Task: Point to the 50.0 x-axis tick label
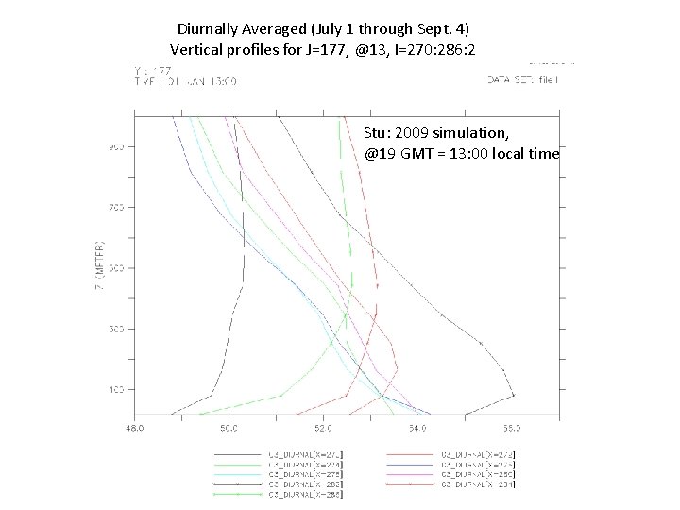pyautogui.click(x=228, y=428)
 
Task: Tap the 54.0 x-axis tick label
pyautogui.click(x=417, y=428)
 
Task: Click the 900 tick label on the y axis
pyautogui.click(x=114, y=146)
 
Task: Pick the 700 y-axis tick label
pyautogui.click(x=114, y=207)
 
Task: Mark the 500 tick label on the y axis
pyautogui.click(x=114, y=268)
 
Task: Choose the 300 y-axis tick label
pyautogui.click(x=114, y=329)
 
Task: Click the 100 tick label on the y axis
pyautogui.click(x=114, y=389)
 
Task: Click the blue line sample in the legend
pyautogui.click(x=412, y=465)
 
